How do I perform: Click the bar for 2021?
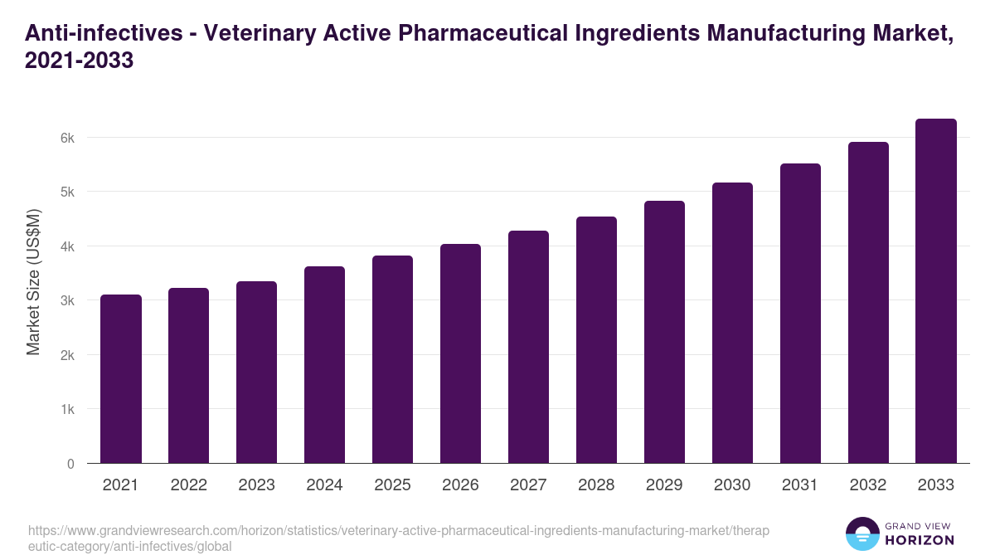[121, 379]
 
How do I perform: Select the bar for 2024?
[325, 365]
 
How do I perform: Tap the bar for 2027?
[528, 347]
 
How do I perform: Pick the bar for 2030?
[732, 323]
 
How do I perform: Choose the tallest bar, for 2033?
[936, 291]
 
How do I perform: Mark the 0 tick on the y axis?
[70, 464]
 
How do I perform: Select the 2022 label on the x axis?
[189, 485]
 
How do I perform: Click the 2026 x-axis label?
[460, 485]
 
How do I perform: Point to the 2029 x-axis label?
[664, 485]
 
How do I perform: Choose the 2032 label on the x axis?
[868, 485]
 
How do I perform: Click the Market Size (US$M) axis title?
[33, 282]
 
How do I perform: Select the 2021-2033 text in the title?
[80, 61]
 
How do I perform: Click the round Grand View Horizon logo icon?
[862, 534]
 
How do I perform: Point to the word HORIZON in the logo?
[919, 540]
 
